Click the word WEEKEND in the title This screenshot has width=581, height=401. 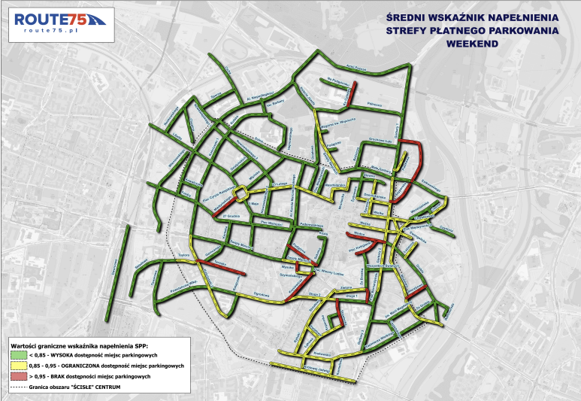pos(471,44)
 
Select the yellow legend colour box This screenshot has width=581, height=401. pos(16,366)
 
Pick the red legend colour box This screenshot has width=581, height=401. pos(16,375)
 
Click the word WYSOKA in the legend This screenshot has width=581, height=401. pos(67,355)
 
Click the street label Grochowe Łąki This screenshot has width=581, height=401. pos(382,138)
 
